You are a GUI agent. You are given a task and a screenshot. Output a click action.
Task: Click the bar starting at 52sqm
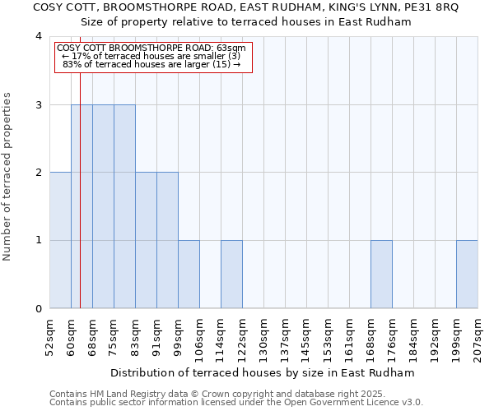60,240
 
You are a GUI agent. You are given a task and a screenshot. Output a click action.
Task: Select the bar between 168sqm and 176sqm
381,275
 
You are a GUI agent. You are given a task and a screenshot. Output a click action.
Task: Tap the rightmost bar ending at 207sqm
467,275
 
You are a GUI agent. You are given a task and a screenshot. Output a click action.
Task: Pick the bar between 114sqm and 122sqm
231,275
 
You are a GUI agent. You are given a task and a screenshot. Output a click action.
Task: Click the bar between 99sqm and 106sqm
189,275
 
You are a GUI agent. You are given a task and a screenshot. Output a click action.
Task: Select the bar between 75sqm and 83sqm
124,206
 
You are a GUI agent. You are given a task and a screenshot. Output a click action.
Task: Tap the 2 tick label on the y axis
39,173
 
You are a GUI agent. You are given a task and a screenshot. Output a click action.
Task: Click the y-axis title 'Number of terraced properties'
8,177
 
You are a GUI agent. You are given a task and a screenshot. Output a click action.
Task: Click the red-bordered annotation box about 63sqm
151,57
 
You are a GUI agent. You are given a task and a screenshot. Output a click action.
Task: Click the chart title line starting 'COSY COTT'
246,7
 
